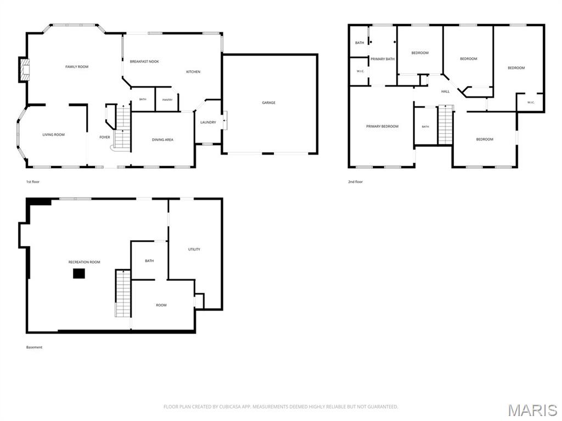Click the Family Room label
coord(77,67)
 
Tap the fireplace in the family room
coord(25,70)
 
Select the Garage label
coord(268,103)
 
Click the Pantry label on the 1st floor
coord(167,100)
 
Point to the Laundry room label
coord(208,122)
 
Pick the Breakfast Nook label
coord(144,61)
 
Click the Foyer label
coord(105,137)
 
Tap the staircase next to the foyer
coord(122,127)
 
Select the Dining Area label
coord(162,140)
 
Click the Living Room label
coord(53,135)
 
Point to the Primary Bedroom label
coord(382,127)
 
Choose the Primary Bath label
coord(383,59)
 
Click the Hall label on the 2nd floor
coord(445,92)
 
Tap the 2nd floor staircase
coord(446,125)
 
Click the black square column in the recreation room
coord(79,274)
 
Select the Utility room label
coord(194,249)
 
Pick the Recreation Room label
coord(84,262)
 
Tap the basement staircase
coord(123,293)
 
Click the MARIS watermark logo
coord(532,410)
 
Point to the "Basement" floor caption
coord(34,347)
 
